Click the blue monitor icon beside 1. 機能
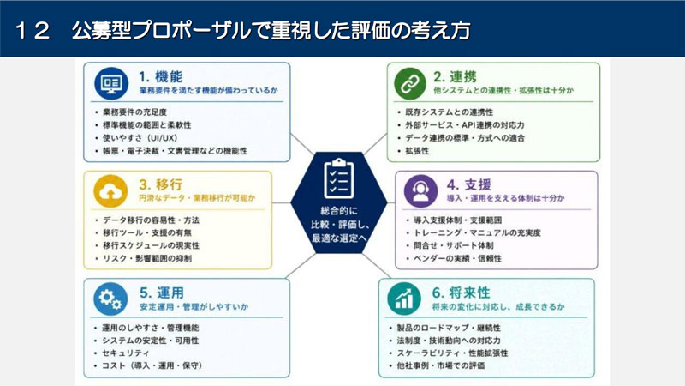[111, 83]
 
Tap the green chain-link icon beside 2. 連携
[410, 83]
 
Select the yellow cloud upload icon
[110, 191]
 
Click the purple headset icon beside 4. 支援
[420, 191]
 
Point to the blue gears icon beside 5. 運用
[110, 299]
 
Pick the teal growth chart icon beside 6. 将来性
[404, 299]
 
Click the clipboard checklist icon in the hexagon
[339, 179]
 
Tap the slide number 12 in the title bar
[33, 31]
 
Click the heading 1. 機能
[161, 77]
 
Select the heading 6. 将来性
[461, 293]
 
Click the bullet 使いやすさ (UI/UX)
[140, 138]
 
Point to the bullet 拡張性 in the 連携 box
[417, 151]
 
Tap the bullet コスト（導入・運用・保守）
[152, 365]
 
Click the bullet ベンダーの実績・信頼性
[458, 258]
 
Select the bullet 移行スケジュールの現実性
[152, 245]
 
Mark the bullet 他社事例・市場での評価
[441, 365]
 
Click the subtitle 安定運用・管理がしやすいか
[194, 307]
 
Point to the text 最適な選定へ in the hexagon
[339, 238]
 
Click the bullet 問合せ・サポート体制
[454, 245]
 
